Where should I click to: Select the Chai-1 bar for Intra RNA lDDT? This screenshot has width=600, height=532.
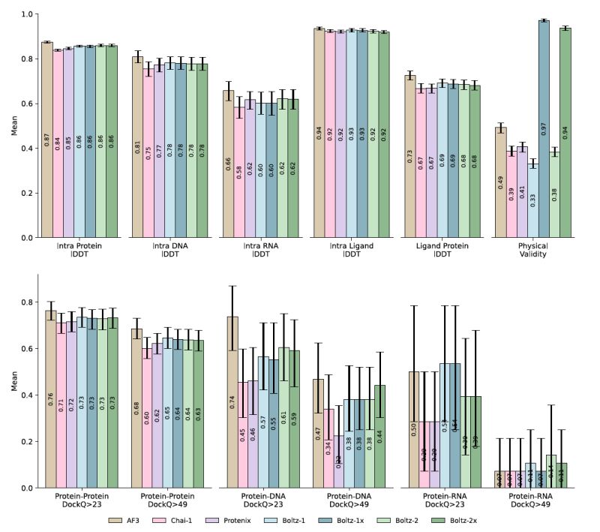coord(239,173)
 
